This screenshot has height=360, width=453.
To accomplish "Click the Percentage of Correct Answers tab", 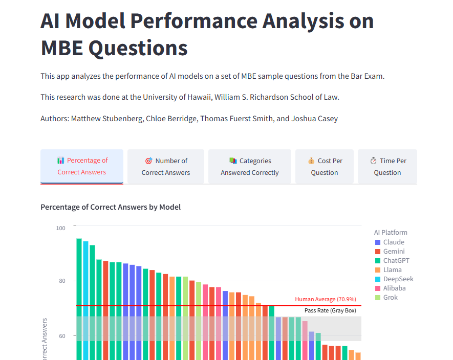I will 82,166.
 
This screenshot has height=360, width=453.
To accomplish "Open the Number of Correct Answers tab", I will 166,166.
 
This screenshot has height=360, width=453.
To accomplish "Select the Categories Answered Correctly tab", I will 250,166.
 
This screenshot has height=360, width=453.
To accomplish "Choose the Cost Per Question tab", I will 325,166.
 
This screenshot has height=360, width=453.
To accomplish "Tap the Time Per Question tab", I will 387,166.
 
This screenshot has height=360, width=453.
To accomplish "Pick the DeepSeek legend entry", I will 394,279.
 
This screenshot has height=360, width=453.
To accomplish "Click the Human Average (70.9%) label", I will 326,299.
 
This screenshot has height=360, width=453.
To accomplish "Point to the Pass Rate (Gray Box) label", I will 330,310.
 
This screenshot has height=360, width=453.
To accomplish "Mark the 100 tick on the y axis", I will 60,228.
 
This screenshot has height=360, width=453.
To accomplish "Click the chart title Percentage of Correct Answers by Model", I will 111,207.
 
